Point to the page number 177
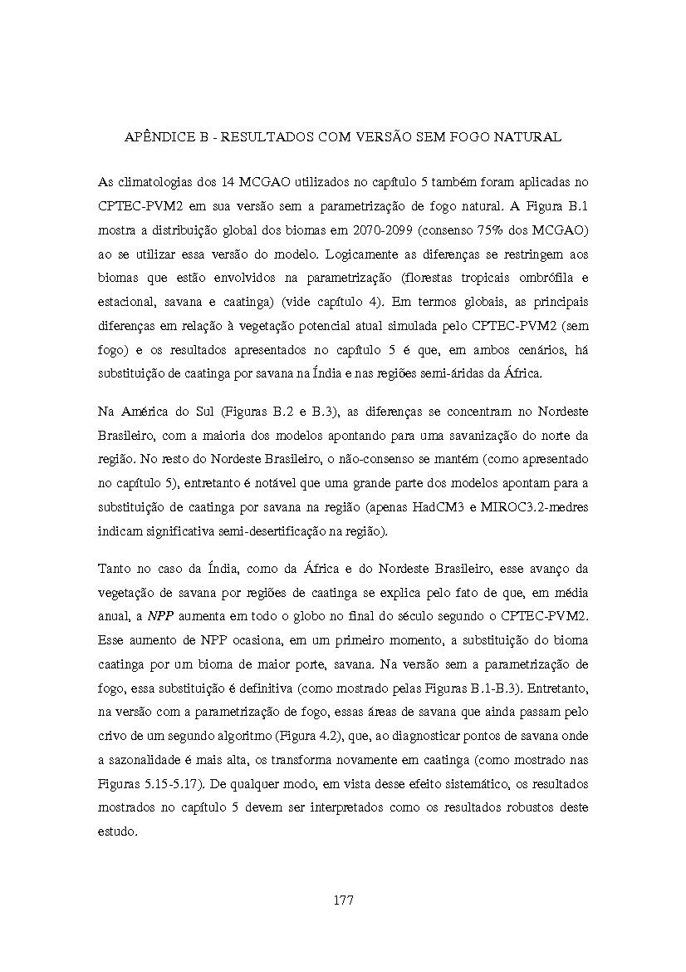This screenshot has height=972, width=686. [x=343, y=900]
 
